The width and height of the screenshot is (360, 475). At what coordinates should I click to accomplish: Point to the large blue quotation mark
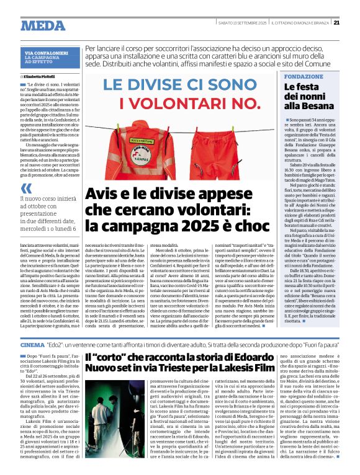point(25,189)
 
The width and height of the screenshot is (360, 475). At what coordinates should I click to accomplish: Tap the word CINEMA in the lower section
point(32,344)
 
